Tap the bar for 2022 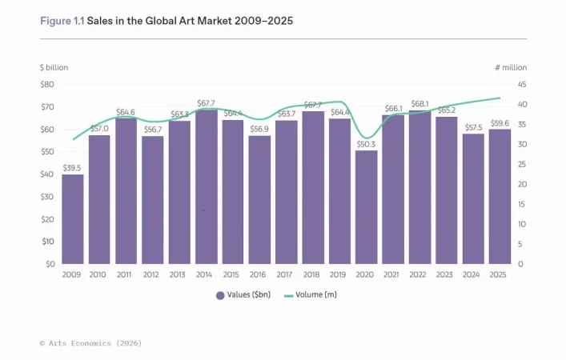point(419,187)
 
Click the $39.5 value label point(72,168)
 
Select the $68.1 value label point(419,104)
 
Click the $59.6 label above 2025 point(500,123)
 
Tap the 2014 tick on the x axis point(206,274)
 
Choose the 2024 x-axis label point(473,274)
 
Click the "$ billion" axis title point(54,67)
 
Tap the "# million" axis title point(511,67)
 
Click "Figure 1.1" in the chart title point(62,21)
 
